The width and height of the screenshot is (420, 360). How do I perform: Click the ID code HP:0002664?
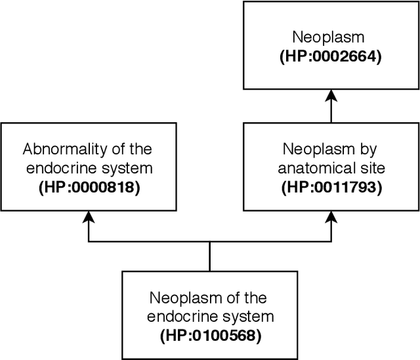pyautogui.click(x=331, y=58)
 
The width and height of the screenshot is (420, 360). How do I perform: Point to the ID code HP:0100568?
pyautogui.click(x=210, y=336)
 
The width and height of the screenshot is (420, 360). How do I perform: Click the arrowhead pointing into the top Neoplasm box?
pyautogui.click(x=331, y=96)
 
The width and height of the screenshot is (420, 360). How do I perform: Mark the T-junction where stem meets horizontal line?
pyautogui.click(x=210, y=242)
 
